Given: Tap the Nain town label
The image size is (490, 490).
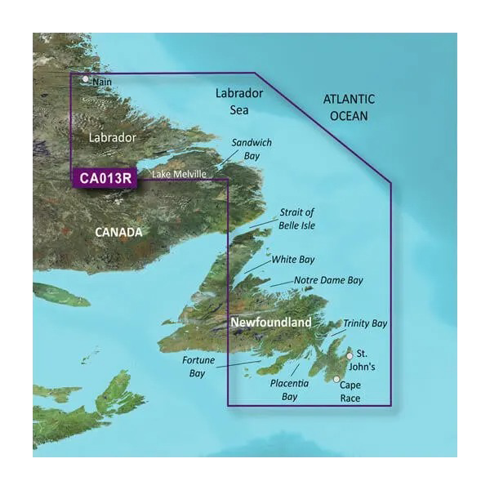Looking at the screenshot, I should (102, 82).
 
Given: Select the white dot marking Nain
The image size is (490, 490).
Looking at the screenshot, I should (85, 80).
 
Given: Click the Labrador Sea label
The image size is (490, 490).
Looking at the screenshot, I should (239, 100).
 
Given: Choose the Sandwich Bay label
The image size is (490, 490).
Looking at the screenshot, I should (252, 149).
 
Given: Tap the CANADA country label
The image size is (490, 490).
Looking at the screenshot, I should (119, 232).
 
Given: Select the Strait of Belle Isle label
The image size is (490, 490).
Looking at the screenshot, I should (297, 219).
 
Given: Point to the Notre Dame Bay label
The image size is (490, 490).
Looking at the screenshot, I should (328, 280).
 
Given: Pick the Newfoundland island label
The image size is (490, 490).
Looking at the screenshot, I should (271, 323).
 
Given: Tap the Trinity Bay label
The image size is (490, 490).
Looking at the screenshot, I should (365, 324).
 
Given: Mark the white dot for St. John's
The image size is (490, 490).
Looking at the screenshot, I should (350, 356).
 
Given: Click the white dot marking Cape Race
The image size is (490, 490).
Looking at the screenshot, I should (336, 379).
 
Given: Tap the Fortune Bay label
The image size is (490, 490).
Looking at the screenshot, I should (196, 366).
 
